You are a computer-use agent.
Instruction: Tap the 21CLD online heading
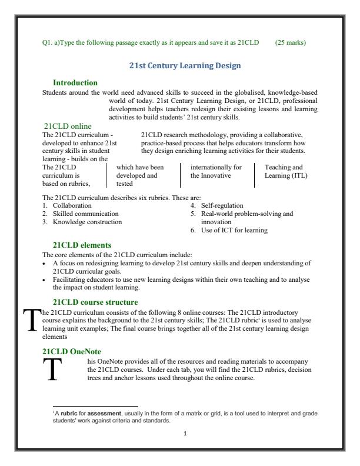68,125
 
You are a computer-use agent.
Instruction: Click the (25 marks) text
298,42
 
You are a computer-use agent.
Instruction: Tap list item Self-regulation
224,205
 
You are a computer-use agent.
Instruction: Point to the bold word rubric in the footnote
66,414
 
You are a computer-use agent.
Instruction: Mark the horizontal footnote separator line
95,407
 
